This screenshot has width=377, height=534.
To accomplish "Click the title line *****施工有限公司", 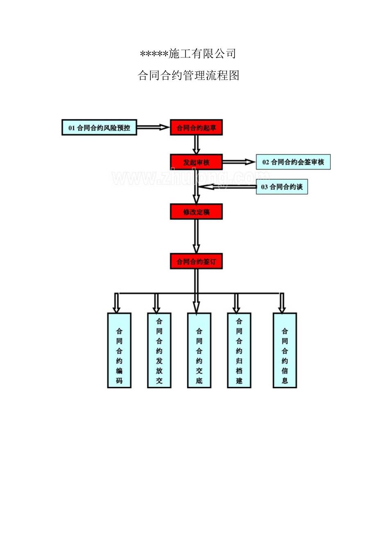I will click(188, 54).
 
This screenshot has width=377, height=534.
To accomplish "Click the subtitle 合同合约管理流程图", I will click(188, 76).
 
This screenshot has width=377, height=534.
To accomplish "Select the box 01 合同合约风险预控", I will click(99, 128).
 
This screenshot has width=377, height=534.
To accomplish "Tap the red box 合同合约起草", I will click(196, 128).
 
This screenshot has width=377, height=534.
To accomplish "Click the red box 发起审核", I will click(196, 162).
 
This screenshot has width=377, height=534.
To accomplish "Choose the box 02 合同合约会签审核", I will click(293, 162).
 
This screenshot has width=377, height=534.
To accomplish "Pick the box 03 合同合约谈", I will click(282, 187).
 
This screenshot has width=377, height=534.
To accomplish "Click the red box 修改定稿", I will click(196, 212).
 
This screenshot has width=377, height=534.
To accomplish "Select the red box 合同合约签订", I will click(196, 261).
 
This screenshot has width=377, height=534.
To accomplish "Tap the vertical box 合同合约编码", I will click(119, 350).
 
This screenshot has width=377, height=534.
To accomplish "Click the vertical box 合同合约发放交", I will click(159, 350).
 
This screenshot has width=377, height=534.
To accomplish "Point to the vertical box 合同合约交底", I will click(199, 350).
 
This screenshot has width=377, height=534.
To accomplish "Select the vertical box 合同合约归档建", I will click(239, 350).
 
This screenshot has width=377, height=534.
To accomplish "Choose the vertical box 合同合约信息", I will click(285, 350).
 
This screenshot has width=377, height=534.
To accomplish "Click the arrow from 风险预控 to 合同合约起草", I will click(153, 128).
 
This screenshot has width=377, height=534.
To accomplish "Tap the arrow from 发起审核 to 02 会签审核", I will click(239, 162).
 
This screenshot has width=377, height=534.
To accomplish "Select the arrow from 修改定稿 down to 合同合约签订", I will click(196, 236).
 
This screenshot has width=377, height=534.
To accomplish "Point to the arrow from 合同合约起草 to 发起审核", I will click(196, 144).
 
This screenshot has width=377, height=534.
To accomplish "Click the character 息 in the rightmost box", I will click(285, 380).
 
